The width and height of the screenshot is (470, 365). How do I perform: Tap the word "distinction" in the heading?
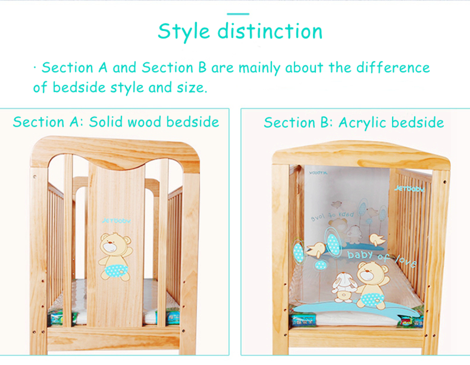tap(270, 31)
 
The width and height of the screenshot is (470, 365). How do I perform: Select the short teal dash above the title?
tap(238, 14)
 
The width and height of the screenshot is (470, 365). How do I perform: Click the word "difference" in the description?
tap(393, 67)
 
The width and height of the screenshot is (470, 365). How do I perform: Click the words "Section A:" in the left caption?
tap(48, 122)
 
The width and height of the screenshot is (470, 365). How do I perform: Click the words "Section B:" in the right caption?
tap(298, 122)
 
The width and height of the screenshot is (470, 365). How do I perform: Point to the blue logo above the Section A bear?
tap(117, 220)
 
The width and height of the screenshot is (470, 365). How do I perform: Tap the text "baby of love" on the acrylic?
tap(381, 258)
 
